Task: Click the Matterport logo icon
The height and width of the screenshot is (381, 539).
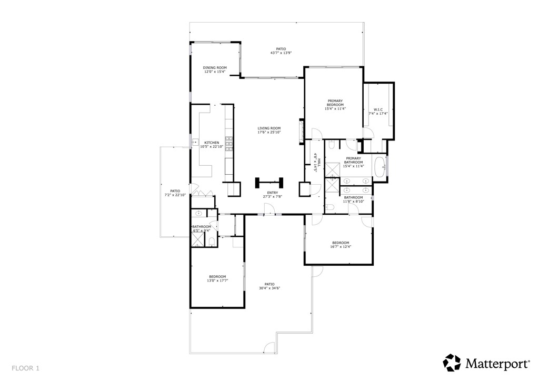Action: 452,363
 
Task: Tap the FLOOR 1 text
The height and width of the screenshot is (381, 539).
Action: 25,368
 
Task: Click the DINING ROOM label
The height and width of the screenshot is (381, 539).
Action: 215,68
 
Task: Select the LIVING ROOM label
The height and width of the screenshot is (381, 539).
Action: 268,128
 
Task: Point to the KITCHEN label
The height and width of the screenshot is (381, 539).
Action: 212,143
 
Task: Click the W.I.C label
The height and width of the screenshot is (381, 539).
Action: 377,110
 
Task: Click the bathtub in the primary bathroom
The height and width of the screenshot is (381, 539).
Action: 380,167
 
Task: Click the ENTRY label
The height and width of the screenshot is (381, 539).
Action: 272,193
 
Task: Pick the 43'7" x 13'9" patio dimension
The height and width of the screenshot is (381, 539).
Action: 281,53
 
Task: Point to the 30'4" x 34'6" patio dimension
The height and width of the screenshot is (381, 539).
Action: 269,288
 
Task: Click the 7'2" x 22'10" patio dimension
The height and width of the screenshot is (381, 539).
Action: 175,195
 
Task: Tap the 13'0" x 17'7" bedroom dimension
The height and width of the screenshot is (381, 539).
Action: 217,281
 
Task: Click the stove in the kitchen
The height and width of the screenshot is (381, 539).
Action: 229,144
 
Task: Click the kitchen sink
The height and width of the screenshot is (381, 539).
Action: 194,143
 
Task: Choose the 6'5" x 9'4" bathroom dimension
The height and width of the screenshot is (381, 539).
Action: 202,230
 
